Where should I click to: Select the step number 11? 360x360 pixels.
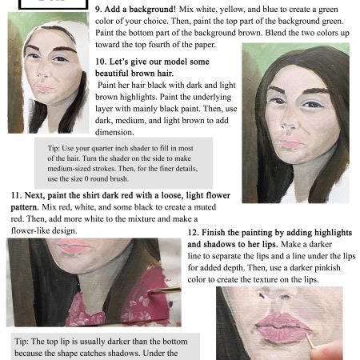click(x=15, y=194)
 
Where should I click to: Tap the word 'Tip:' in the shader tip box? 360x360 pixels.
click(x=54, y=148)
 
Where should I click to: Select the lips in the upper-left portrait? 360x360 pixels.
click(x=46, y=88)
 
